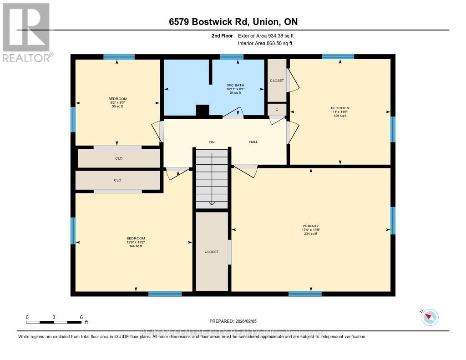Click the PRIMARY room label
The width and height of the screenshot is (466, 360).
[x=311, y=226]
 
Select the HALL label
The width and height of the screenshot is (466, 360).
[x=253, y=142]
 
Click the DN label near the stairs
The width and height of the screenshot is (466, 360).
[x=212, y=142]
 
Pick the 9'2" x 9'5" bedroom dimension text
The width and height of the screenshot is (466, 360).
[x=117, y=103]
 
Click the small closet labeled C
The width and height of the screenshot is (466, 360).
[x=277, y=110]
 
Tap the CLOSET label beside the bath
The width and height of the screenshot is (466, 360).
[x=277, y=81]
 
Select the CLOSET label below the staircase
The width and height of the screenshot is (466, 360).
[x=212, y=252]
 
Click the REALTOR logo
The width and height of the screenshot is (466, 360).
[x=26, y=32]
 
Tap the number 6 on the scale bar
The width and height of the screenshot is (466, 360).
[x=81, y=317]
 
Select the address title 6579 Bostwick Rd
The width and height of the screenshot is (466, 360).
[x=233, y=22]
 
